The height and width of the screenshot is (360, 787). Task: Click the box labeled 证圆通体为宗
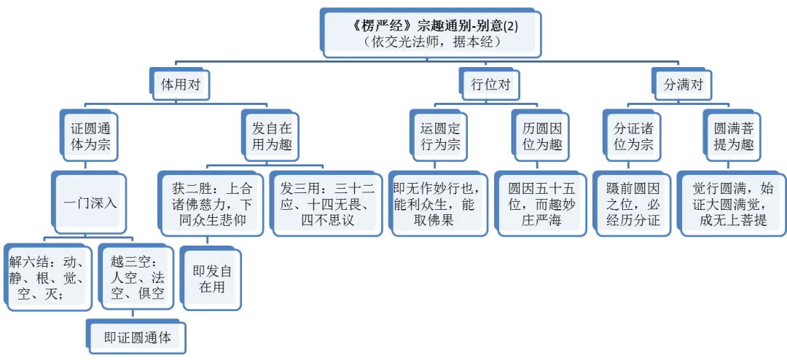click(89, 136)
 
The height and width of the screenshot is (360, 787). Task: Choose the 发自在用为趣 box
click(271, 136)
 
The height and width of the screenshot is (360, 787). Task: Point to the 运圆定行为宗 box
click(439, 136)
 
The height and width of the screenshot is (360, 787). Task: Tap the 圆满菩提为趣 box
click(732, 136)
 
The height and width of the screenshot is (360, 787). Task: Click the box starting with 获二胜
click(211, 203)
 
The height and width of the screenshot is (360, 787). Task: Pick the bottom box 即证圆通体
click(137, 336)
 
